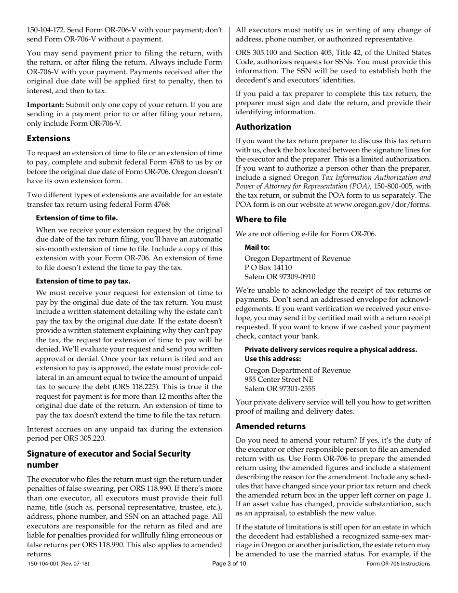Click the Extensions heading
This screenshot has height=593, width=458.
[48, 138]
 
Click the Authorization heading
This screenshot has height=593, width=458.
[263, 127]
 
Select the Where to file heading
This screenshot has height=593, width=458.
[261, 219]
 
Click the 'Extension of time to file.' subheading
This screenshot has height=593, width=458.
[77, 218]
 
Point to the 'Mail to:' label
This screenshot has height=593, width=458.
[257, 247]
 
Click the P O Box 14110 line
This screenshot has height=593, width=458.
[268, 268]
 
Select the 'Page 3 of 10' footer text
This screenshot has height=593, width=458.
[229, 564]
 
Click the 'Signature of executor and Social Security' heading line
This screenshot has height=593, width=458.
[108, 454]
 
